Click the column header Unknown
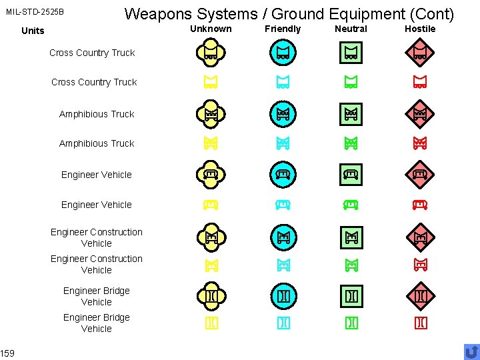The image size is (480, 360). [211, 29]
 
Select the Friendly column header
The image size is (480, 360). [283, 29]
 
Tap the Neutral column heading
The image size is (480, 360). [351, 29]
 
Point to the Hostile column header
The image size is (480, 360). [420, 29]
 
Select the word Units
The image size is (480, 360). [33, 31]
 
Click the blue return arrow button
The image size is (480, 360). [471, 351]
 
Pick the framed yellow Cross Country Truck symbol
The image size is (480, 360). [211, 53]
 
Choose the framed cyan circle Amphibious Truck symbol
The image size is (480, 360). [283, 114]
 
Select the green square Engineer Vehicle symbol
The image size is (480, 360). [351, 175]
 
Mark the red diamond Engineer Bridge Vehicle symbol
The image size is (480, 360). [420, 295]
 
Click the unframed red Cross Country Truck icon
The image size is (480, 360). [420, 82]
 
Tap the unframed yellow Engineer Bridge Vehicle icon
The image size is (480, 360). [211, 323]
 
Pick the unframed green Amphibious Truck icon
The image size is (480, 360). [351, 143]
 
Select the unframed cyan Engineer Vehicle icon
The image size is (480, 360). [283, 204]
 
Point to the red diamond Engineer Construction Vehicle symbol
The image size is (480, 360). [420, 236]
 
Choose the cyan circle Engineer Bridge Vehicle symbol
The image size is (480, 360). [283, 295]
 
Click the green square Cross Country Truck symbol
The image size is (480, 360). [351, 53]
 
